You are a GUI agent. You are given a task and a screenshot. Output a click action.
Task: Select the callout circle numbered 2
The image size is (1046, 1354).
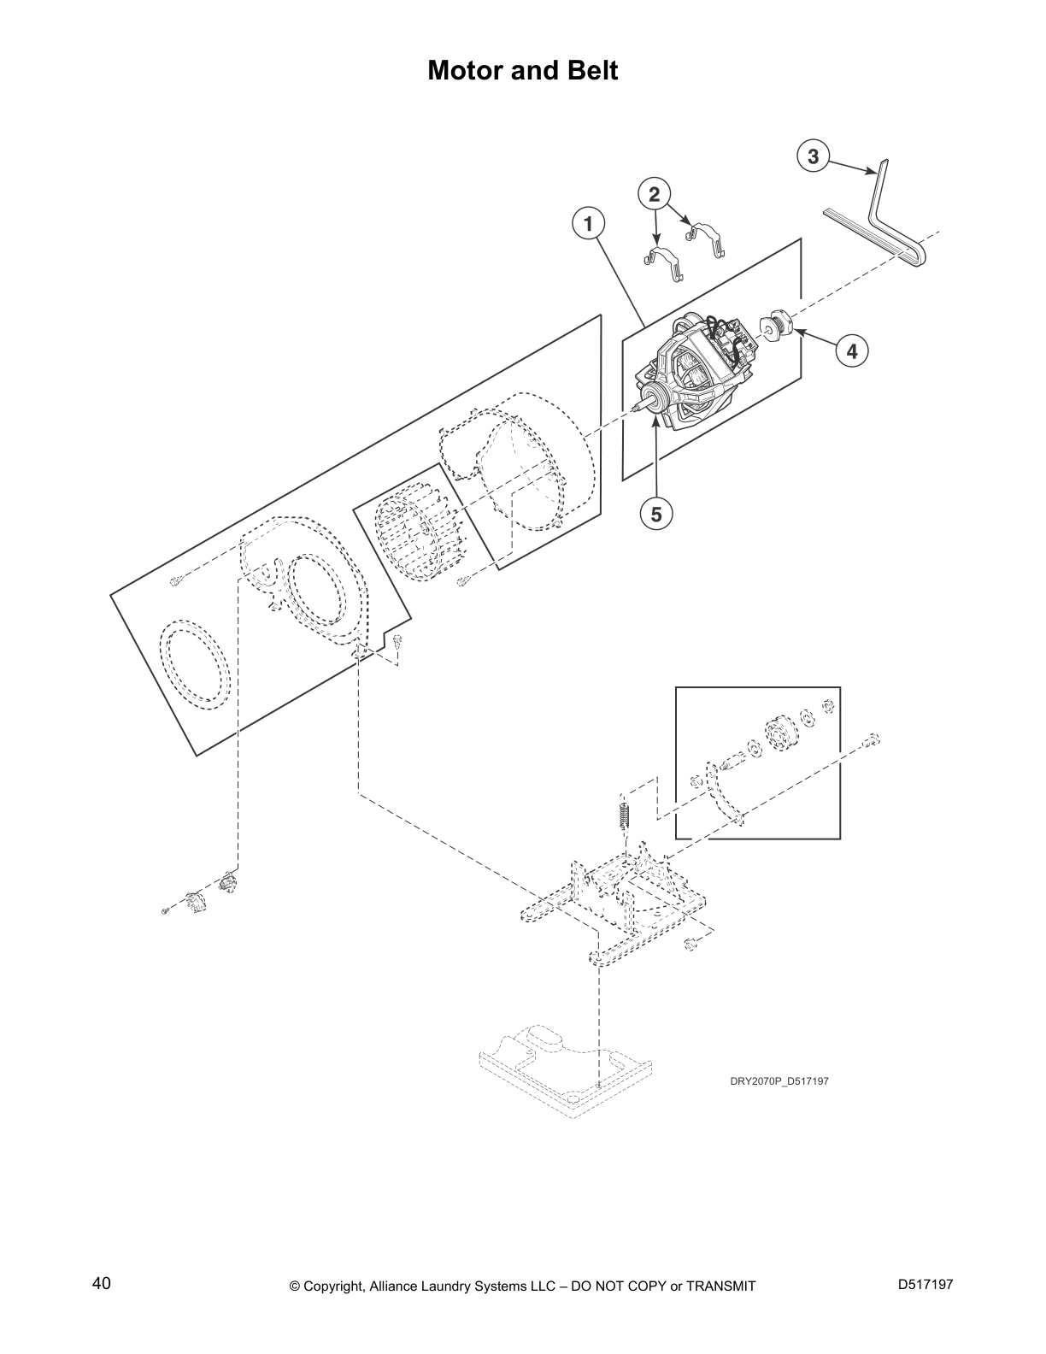coord(654,195)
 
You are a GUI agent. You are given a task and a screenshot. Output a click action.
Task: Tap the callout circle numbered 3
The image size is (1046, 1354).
coord(813,156)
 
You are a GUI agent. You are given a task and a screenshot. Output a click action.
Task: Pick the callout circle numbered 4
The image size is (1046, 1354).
coord(852,350)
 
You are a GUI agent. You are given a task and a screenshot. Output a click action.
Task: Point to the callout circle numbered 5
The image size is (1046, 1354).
coord(656,514)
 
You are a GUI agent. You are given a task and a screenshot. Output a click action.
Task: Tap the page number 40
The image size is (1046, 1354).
coord(102,1283)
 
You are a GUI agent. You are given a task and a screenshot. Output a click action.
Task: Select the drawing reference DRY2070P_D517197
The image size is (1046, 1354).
coord(779,1081)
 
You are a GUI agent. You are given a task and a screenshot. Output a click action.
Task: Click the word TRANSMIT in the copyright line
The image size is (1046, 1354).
coord(721,1286)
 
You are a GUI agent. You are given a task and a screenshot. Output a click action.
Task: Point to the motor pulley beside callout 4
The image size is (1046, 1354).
coord(779,326)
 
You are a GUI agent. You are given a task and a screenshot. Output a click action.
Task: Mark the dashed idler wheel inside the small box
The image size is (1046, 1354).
coord(779,733)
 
